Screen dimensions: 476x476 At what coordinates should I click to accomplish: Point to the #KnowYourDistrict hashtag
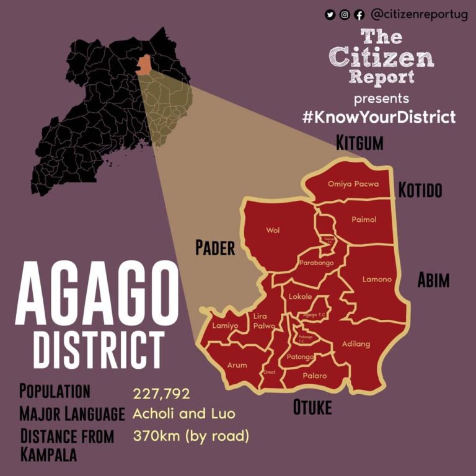click(379, 117)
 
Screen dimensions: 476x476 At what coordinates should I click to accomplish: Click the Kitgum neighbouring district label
click(359, 143)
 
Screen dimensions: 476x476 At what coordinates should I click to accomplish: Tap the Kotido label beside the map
click(420, 190)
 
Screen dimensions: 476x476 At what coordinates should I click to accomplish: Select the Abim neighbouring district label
click(433, 281)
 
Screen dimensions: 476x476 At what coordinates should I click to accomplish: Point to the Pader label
click(215, 249)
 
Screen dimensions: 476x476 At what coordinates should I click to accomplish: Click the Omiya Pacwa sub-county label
click(353, 184)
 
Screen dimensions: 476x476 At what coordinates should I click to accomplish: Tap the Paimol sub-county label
click(364, 219)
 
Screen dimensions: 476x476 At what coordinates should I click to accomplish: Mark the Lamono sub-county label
click(377, 279)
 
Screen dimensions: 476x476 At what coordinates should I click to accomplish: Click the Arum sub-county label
click(237, 365)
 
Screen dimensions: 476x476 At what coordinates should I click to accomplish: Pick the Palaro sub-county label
click(314, 376)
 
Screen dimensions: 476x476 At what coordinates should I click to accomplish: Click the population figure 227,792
click(161, 394)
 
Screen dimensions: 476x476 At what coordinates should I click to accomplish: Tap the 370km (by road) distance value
click(191, 436)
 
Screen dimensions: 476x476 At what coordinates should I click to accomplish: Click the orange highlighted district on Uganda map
click(144, 64)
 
